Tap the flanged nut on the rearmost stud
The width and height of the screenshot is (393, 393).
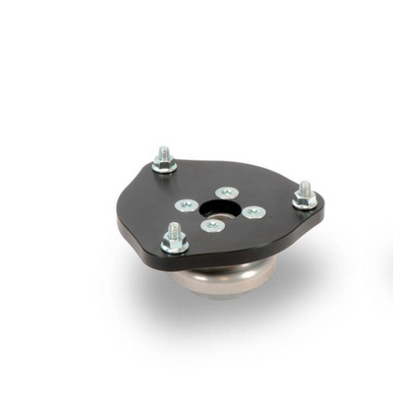tap(164, 165)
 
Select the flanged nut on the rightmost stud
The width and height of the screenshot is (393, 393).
tap(305, 200)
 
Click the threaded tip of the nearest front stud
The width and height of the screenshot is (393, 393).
tap(175, 229)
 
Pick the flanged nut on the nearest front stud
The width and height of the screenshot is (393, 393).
tap(175, 245)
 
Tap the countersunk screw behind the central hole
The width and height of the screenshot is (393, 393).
tap(227, 193)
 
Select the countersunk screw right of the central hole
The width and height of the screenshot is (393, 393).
tap(253, 211)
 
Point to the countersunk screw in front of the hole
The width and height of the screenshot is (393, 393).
tap(211, 225)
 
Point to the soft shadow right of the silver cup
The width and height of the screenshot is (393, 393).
tap(295, 280)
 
